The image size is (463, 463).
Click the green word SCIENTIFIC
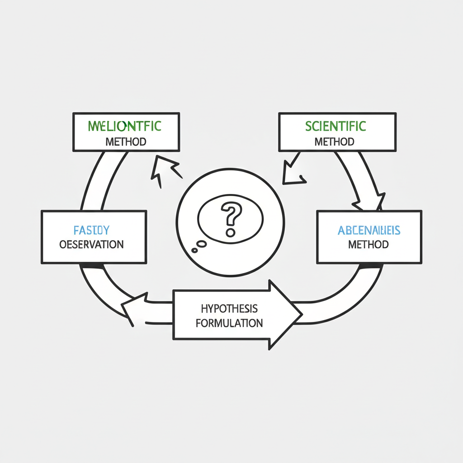[335, 126]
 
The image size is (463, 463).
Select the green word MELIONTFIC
[124, 126]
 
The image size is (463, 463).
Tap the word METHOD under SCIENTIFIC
[334, 142]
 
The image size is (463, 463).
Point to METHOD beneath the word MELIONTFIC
[126, 142]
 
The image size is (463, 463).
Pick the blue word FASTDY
[91, 230]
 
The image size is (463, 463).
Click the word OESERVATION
[91, 245]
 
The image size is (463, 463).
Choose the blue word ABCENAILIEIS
[369, 231]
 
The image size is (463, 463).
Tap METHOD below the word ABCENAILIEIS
[369, 245]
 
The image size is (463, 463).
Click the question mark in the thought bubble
[231, 219]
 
